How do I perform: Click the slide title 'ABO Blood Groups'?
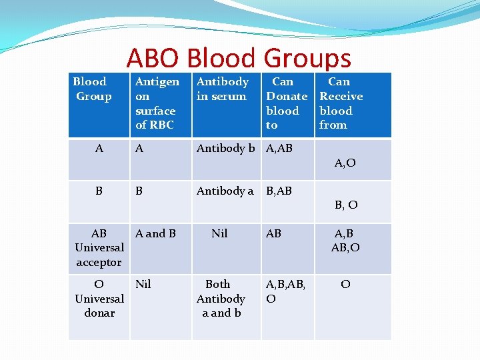coord(239,59)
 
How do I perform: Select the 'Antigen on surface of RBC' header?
coord(157,103)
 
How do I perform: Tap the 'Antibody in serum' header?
coord(222,89)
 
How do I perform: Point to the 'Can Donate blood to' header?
coord(286,103)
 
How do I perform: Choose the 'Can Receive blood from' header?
coord(341,103)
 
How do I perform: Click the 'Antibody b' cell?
coord(225,149)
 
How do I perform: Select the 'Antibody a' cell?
coord(225,191)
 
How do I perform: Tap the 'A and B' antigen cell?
coord(155,233)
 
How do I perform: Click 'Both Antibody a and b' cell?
coord(221,299)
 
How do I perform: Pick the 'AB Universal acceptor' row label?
coord(99,247)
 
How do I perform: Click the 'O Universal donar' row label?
coord(99,299)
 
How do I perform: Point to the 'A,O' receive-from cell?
coord(345,163)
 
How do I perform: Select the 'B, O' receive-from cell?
coord(346,205)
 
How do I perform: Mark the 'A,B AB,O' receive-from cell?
coord(345,241)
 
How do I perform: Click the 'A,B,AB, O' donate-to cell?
coord(285,291)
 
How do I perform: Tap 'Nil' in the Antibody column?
coord(219,233)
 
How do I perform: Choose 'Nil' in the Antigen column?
coord(143,284)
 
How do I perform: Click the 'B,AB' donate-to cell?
coord(279,191)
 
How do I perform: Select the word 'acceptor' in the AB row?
coord(99,262)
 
